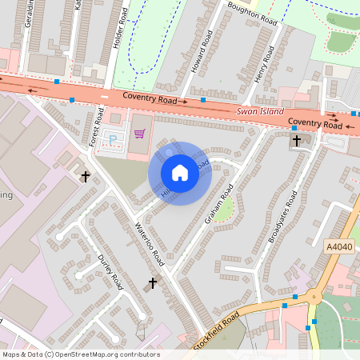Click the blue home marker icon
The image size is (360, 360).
(180, 173)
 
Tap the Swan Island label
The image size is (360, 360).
(260, 111)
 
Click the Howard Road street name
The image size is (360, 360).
(201, 52)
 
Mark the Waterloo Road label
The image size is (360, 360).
(150, 243)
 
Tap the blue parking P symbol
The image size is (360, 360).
(112, 138)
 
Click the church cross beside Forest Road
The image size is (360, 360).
(86, 175)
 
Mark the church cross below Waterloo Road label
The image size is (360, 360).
(153, 282)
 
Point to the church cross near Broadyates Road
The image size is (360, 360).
(297, 141)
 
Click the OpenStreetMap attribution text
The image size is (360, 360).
(80, 354)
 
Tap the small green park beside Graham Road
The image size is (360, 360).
(226, 210)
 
